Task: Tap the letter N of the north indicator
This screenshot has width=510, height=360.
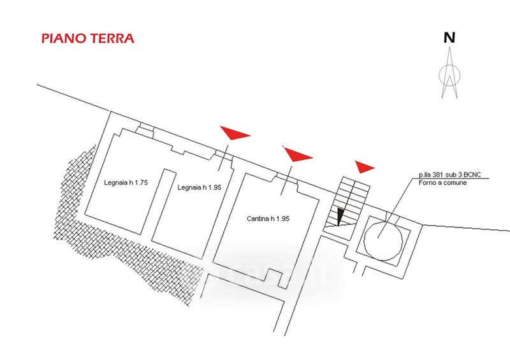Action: point(450,38)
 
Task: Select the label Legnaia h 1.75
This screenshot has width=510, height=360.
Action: point(126,183)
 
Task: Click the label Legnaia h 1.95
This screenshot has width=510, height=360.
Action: point(200,187)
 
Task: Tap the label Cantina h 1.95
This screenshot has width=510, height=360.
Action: point(268,219)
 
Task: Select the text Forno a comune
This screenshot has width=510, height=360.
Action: point(443,183)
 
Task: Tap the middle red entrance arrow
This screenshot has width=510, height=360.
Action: point(297,154)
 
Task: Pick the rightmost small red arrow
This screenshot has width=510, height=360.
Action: point(365,168)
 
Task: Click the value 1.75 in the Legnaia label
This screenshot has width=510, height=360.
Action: point(141,183)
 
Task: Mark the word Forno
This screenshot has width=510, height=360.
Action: point(428,183)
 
